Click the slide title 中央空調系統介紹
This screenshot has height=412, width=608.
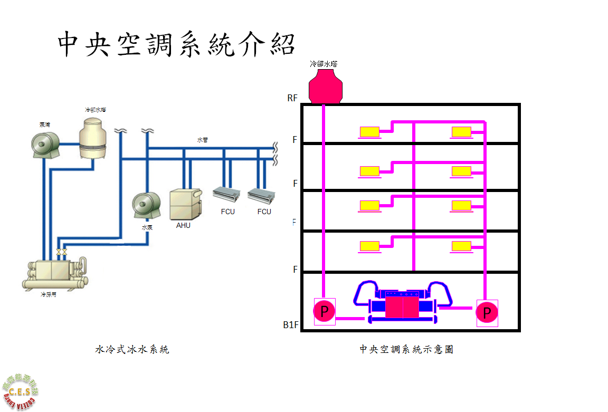click(x=176, y=44)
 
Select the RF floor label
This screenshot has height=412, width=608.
click(x=293, y=98)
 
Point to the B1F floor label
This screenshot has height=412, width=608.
click(x=291, y=325)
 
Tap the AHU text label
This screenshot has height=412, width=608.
click(x=183, y=225)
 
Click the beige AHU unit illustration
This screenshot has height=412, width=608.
click(x=185, y=204)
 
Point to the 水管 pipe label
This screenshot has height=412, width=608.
click(x=203, y=140)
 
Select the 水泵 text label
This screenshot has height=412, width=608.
click(x=147, y=228)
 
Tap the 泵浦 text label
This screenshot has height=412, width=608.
click(x=45, y=125)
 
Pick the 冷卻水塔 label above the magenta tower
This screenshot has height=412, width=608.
click(x=324, y=64)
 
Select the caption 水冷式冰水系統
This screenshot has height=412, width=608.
click(x=132, y=349)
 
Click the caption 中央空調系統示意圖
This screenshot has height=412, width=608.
click(x=406, y=349)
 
